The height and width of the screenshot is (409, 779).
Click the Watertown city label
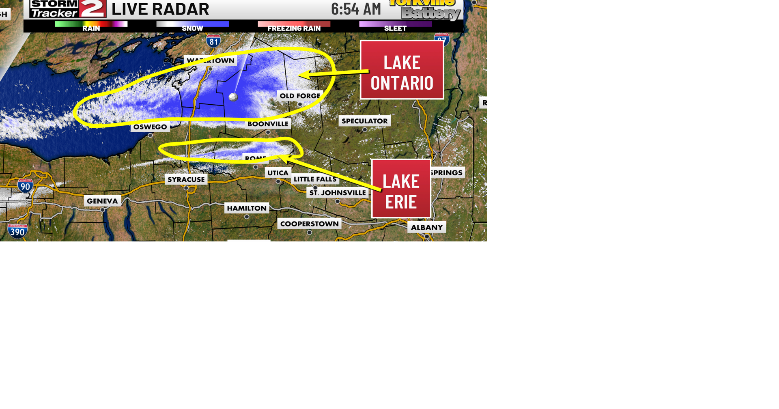(x=211, y=60)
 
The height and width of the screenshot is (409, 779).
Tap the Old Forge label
(x=300, y=96)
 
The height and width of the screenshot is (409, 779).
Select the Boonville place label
(x=268, y=124)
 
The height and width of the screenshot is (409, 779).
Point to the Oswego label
(x=150, y=127)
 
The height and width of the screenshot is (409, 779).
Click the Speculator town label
(x=364, y=121)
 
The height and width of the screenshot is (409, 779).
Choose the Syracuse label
(x=186, y=179)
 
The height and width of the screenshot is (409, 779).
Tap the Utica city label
(x=278, y=173)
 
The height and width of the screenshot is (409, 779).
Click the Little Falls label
(x=315, y=179)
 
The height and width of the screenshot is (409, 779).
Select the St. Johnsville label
(x=338, y=193)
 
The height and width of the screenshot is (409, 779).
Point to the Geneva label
(x=102, y=201)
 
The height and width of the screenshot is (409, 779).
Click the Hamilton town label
(x=247, y=208)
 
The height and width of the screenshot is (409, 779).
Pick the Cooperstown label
(x=309, y=224)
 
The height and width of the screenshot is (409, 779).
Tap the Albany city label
(x=426, y=227)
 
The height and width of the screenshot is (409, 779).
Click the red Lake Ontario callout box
(x=402, y=70)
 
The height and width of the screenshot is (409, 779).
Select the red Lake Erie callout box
(x=401, y=189)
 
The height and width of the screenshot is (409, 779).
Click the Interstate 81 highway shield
(x=213, y=41)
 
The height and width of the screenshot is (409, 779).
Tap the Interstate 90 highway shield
(x=25, y=186)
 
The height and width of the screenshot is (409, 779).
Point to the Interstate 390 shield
(x=17, y=231)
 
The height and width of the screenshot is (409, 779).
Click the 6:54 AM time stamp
(x=356, y=9)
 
